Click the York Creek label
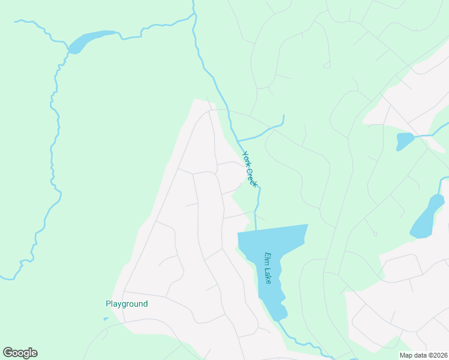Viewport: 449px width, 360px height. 249,169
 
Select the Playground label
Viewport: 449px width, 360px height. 127,304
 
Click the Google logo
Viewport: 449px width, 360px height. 20,353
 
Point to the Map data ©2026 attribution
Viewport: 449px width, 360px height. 423,355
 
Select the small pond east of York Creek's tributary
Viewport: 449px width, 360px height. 404,142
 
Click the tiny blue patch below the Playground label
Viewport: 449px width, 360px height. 106,319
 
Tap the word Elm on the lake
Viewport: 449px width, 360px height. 266,258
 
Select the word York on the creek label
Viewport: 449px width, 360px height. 246,158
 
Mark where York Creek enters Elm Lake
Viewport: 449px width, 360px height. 256,230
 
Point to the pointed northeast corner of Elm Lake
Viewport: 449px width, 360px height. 306,226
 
